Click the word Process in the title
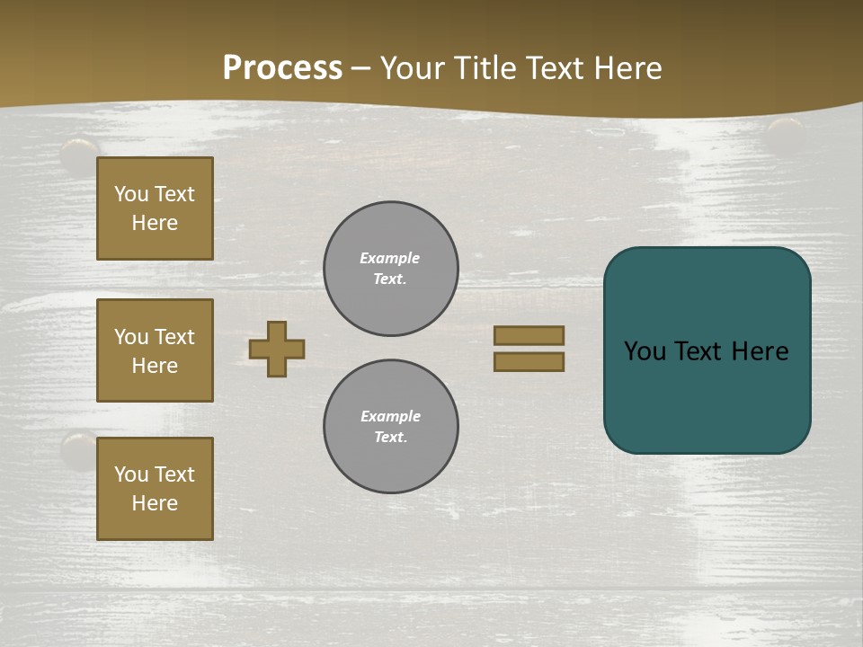[x=282, y=68]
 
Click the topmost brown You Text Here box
[x=155, y=208]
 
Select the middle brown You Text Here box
[x=155, y=350]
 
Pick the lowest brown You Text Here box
[x=155, y=489]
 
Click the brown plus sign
[x=277, y=349]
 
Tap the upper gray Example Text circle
[x=391, y=269]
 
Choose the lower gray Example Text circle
[x=391, y=427]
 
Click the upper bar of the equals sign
[x=529, y=335]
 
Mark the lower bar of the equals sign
[x=529, y=361]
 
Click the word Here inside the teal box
[x=760, y=351]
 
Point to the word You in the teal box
[x=645, y=351]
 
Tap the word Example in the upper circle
[x=390, y=258]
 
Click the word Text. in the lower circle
[x=390, y=438]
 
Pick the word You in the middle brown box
[x=131, y=337]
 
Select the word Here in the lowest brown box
[x=155, y=503]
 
